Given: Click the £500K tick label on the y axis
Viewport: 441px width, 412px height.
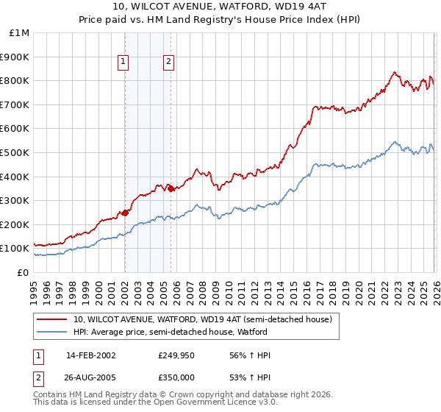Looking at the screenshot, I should click(x=15, y=152).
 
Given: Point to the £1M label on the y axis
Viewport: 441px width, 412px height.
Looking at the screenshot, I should click(x=19, y=32).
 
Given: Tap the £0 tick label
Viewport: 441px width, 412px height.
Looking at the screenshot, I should click(x=24, y=272).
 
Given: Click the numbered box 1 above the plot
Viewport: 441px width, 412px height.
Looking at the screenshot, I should click(x=123, y=63).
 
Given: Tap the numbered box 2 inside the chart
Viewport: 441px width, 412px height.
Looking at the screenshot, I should click(x=169, y=63).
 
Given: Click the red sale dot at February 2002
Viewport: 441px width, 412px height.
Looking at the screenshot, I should click(x=125, y=213).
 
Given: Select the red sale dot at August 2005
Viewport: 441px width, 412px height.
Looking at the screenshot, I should click(x=171, y=188).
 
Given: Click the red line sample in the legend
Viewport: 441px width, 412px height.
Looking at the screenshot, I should click(x=53, y=319).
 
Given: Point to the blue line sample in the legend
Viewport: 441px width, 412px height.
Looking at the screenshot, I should click(x=53, y=332).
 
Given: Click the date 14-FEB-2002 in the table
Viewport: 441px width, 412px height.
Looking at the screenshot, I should click(x=90, y=355).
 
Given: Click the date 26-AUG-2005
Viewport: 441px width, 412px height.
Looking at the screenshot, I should click(x=90, y=377).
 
